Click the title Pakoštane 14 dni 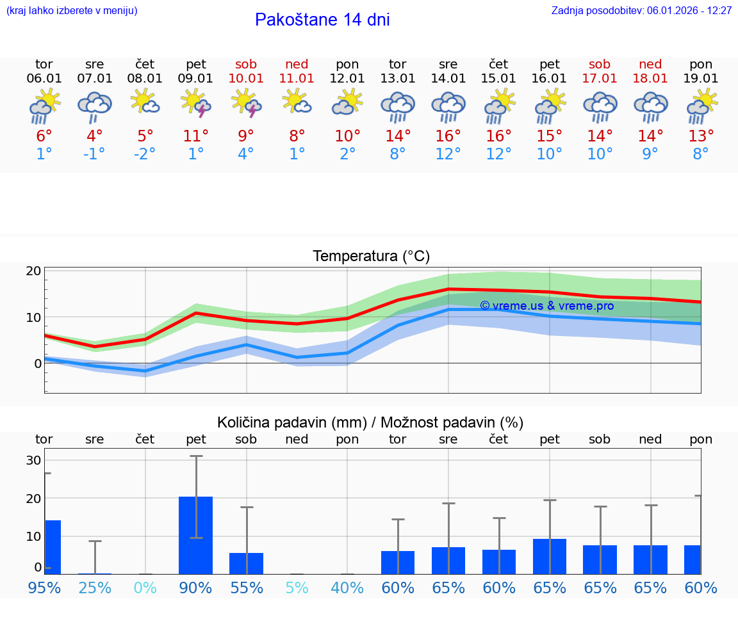pos(322,20)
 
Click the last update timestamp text pos(641,10)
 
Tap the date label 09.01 pos(195,78)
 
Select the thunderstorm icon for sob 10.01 pos(246,104)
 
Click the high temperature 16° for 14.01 pos(448,136)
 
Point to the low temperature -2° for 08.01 pos(145,154)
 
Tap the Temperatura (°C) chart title pos(371,257)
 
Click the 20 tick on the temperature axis pos(33,271)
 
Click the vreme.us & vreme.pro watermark pos(546,306)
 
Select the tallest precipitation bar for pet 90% pos(195,535)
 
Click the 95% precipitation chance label pos(44,588)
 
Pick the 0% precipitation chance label pos(145,588)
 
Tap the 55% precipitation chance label pos(246,588)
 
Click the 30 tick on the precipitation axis pos(33,461)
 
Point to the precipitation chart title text pos(370,422)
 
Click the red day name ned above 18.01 pos(650,64)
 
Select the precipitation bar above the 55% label pos(246,563)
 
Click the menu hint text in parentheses pos(72,10)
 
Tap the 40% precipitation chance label pos(347,588)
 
